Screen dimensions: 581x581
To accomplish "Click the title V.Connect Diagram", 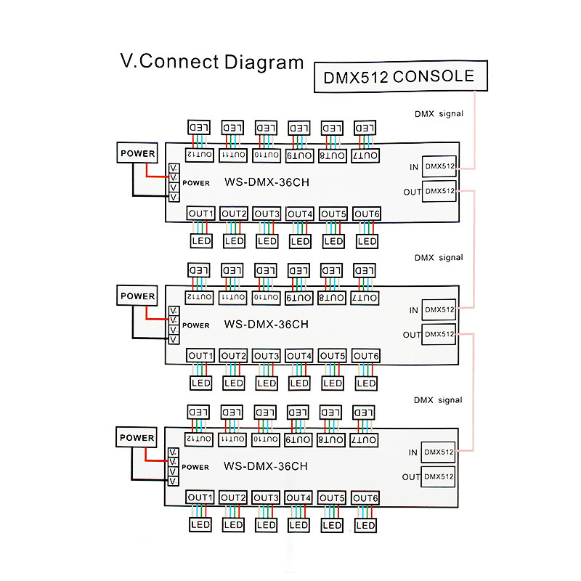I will click(211, 62).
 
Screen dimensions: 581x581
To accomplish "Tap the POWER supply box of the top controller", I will click(137, 153).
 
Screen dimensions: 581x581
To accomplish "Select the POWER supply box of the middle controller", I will click(137, 296).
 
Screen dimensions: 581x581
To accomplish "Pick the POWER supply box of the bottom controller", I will click(137, 438).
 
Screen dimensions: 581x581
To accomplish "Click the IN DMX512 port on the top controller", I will click(439, 166).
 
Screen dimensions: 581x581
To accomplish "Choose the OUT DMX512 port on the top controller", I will click(439, 192).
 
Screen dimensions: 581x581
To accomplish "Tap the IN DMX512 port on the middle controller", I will click(439, 309).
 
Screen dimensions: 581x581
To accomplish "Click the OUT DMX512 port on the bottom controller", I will click(439, 477).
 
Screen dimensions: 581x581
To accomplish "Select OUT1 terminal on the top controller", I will click(200, 214).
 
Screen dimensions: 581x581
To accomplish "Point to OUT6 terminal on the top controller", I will click(367, 214).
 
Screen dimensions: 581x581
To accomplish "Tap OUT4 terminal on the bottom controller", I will click(299, 497).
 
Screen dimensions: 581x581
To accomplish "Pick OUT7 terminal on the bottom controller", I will click(366, 440).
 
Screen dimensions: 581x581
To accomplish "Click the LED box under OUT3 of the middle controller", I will click(267, 383).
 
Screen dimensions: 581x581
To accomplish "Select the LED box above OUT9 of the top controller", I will click(299, 127).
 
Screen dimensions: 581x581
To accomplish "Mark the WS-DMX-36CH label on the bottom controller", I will click(266, 467).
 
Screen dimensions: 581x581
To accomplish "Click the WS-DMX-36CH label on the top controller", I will click(266, 183).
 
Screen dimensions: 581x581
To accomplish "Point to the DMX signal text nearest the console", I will click(438, 114).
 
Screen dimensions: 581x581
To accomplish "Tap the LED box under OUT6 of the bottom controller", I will click(367, 524).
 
